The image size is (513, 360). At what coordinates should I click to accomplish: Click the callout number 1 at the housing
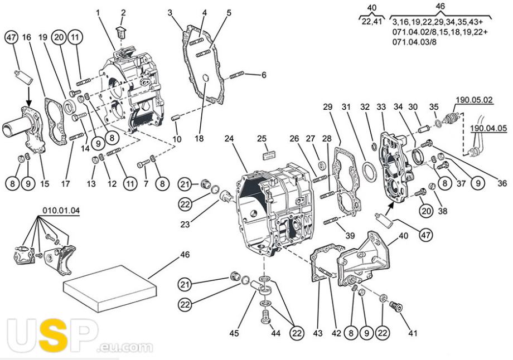pyautogui.click(x=98, y=12)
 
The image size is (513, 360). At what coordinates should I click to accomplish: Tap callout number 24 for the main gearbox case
pyautogui.click(x=228, y=138)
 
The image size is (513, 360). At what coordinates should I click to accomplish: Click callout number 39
pyautogui.click(x=350, y=235)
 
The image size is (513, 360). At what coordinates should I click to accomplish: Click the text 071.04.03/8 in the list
pyautogui.click(x=415, y=42)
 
